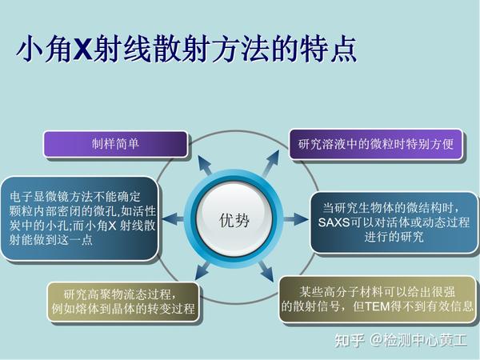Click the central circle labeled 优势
click(234, 219)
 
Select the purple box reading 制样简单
click(115, 144)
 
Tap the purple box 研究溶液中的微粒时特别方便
click(376, 144)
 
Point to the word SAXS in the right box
click(334, 222)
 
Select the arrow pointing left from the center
click(173, 219)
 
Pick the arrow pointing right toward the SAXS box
click(296, 219)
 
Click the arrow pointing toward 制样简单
click(205, 165)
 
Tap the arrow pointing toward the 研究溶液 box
click(271, 163)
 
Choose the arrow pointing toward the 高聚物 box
click(202, 270)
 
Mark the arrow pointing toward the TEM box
click(266, 271)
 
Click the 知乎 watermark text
click(350, 340)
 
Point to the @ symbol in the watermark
click(376, 340)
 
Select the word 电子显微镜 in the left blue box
click(39, 197)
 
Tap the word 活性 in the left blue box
click(144, 211)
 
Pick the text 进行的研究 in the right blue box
click(394, 237)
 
